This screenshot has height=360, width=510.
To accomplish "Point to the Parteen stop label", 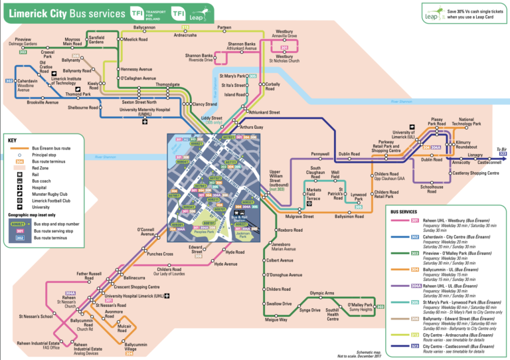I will [x=224, y=27].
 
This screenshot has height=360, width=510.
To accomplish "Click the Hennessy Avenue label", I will [x=137, y=69].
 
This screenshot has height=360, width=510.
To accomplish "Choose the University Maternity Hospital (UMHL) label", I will [x=145, y=112].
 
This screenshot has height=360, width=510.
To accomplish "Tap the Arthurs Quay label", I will [x=252, y=127].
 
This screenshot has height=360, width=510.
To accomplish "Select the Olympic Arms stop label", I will [x=321, y=293].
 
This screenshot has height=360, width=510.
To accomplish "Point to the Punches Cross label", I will [x=159, y=254].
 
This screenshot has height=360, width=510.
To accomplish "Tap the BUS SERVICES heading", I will [x=408, y=211].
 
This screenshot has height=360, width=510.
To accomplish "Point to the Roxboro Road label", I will [x=292, y=230].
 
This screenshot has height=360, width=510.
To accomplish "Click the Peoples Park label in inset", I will [x=203, y=232].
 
